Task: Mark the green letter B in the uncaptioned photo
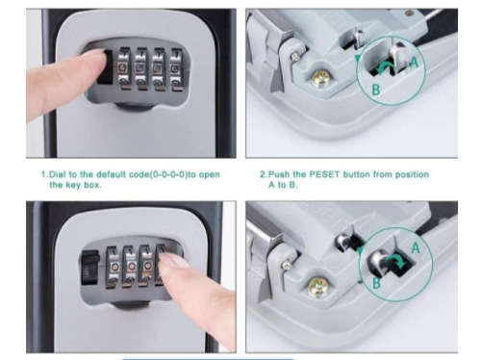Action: [x=376, y=285]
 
